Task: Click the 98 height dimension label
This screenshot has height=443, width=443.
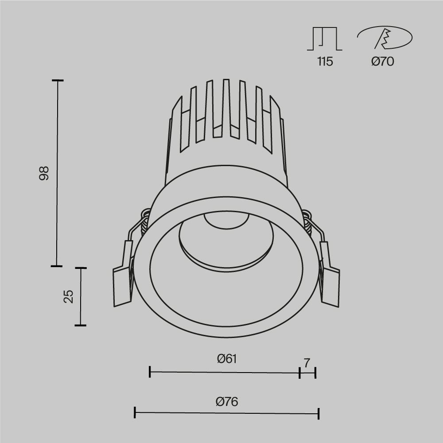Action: pyautogui.click(x=43, y=173)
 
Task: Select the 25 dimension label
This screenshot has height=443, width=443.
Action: pyautogui.click(x=68, y=296)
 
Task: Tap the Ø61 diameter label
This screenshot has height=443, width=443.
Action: pyautogui.click(x=227, y=359)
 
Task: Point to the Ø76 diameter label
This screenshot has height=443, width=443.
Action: pyautogui.click(x=227, y=402)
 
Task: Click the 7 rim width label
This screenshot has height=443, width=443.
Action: pyautogui.click(x=307, y=363)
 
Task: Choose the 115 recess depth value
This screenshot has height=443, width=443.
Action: pyautogui.click(x=325, y=62)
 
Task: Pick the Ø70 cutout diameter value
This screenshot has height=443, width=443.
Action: pyautogui.click(x=382, y=62)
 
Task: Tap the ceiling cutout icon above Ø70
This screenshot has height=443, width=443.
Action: pyautogui.click(x=384, y=38)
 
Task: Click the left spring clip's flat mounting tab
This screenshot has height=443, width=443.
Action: pyautogui.click(x=122, y=286)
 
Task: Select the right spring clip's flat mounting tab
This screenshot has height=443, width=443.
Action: pyautogui.click(x=330, y=286)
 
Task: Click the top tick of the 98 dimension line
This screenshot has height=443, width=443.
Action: pyautogui.click(x=57, y=81)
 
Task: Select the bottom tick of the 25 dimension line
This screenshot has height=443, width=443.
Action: pyautogui.click(x=80, y=325)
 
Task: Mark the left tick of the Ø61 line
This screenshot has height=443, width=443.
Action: pyautogui.click(x=150, y=372)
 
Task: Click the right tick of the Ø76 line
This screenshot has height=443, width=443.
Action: pyautogui.click(x=319, y=414)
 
